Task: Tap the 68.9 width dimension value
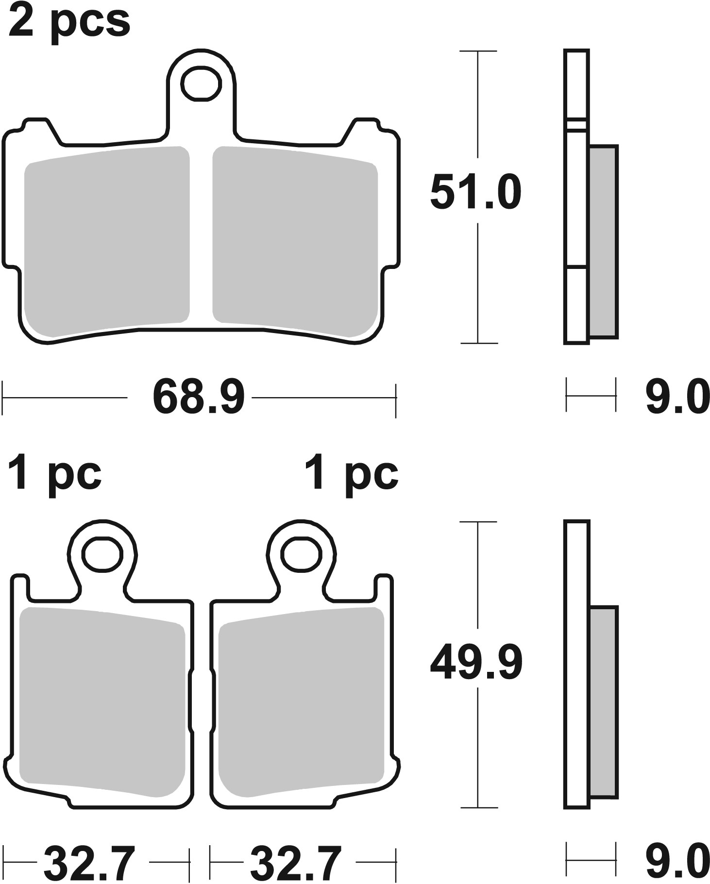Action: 199,398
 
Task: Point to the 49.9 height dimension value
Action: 476,663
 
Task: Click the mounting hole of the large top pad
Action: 202,84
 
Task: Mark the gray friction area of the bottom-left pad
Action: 102,694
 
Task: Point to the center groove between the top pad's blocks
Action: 201,233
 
